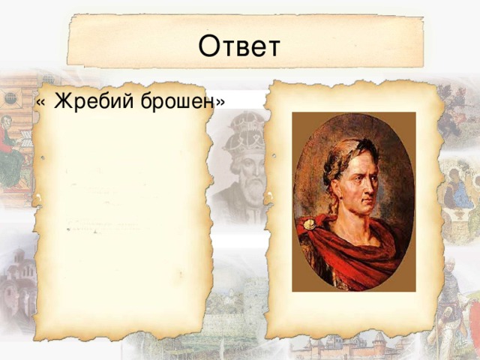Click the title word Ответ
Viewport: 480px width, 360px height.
(x=239, y=46)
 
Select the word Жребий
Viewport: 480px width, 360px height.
(x=94, y=100)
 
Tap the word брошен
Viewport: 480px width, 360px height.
(x=177, y=100)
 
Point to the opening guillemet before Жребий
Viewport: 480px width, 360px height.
(x=40, y=103)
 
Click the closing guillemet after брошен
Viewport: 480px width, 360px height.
(x=220, y=103)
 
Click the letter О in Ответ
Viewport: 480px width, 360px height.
(x=210, y=46)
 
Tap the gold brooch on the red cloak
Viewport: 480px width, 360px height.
(x=310, y=224)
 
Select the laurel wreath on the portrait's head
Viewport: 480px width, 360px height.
(x=346, y=159)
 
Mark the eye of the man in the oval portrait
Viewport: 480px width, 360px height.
(x=364, y=178)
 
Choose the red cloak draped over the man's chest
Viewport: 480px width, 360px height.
(x=349, y=251)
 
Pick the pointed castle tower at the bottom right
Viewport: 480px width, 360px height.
(x=379, y=343)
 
